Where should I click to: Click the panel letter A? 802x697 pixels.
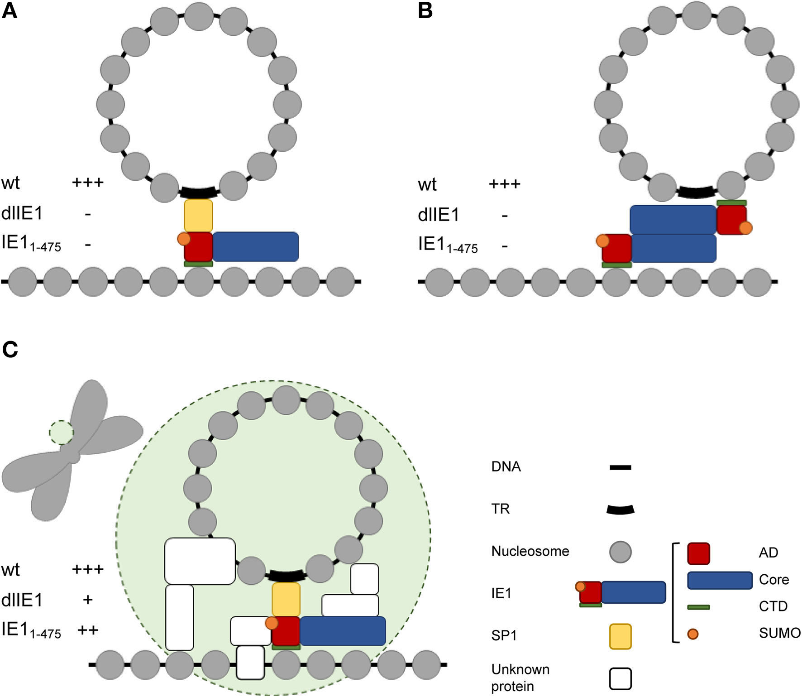coord(10,10)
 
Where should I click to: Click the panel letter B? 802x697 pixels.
coord(425,10)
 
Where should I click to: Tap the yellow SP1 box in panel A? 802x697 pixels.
coord(198,216)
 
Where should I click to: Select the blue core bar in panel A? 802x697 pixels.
coord(255,246)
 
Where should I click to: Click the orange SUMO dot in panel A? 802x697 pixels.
coord(183,239)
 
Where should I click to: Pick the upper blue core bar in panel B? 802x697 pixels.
coord(673,219)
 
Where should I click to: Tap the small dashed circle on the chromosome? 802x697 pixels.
coord(61,432)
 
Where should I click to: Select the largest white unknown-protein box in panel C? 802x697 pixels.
coord(200,561)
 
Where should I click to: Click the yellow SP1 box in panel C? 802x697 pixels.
coord(286,599)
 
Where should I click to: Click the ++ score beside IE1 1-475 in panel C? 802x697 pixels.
coord(88,630)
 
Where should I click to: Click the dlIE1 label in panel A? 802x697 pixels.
coord(22,213)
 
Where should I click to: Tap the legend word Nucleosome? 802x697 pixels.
coord(530,551)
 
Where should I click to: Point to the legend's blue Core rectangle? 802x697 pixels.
coord(720,580)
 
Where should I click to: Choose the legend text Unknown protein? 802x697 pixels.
coord(520,678)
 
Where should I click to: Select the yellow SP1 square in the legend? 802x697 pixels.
coord(620,636)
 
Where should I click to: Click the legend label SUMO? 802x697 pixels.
coord(779,633)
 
